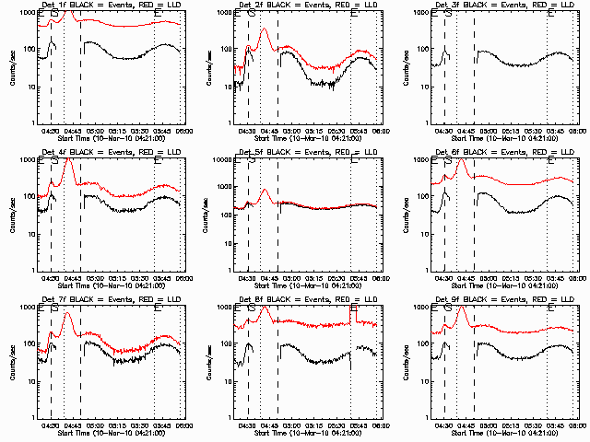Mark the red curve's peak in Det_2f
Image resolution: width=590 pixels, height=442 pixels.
(x=264, y=29)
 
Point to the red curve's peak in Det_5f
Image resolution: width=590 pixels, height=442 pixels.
(x=265, y=190)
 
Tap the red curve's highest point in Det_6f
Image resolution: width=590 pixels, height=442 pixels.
(x=460, y=160)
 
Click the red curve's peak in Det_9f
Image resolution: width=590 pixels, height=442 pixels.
(x=461, y=307)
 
